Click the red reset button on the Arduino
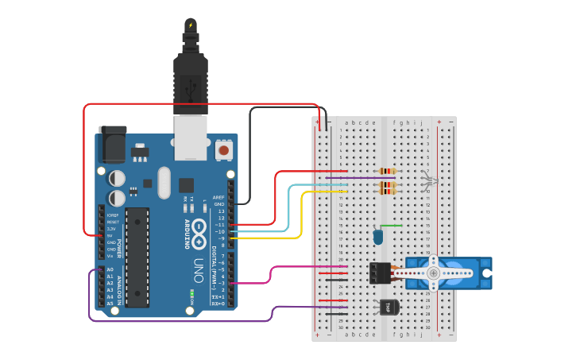point(224,149)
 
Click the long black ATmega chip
point(137,257)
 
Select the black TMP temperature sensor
point(389,306)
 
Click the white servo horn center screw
point(433,273)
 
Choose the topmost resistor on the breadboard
point(388,171)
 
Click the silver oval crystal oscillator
point(164,182)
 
